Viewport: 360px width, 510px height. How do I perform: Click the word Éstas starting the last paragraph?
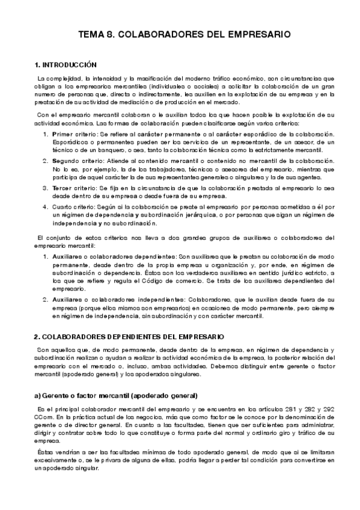(x=45, y=452)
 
